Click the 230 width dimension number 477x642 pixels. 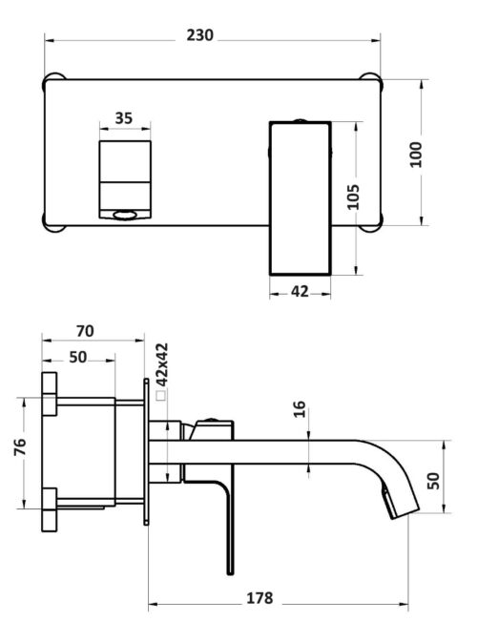(x=199, y=35)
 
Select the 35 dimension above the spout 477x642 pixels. (x=124, y=118)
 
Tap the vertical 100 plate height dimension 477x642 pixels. (x=416, y=155)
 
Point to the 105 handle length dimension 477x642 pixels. (x=353, y=197)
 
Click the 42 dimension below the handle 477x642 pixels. (x=300, y=292)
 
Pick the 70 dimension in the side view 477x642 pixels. (x=85, y=331)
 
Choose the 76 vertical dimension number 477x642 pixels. (x=20, y=446)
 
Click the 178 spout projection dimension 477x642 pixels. (x=259, y=598)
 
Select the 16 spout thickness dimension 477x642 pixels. (x=300, y=409)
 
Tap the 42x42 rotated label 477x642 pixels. (x=162, y=364)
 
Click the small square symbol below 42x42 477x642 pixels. (x=161, y=396)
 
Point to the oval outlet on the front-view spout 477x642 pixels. (x=125, y=215)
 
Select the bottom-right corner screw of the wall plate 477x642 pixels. (x=372, y=222)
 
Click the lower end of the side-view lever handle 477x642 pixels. (x=230, y=572)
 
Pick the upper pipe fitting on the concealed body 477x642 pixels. (x=50, y=394)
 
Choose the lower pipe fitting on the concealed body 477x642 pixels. (x=50, y=509)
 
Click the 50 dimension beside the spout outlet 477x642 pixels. (x=433, y=481)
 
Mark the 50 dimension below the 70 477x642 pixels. (x=78, y=357)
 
